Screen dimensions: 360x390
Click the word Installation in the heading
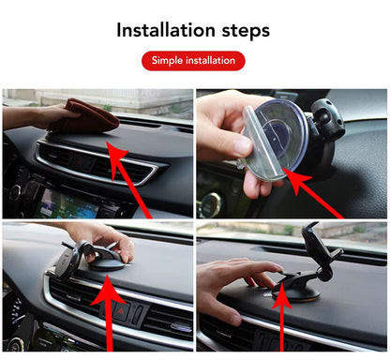pyautogui.click(x=164, y=29)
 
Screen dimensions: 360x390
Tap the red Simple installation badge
pyautogui.click(x=193, y=61)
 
